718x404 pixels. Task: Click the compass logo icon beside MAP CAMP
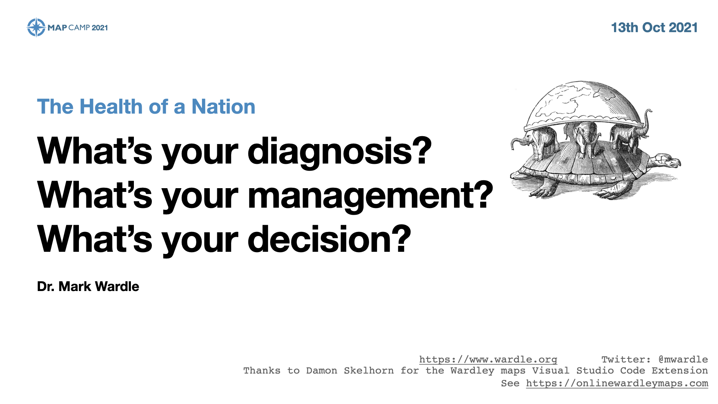click(36, 27)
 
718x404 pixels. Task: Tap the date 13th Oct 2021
click(654, 28)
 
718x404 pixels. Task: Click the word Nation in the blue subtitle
click(223, 107)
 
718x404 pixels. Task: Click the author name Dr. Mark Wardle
click(88, 287)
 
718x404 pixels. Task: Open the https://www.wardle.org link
click(488, 359)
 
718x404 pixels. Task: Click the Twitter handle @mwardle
click(683, 359)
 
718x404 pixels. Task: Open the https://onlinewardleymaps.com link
click(617, 383)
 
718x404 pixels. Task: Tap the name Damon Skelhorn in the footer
click(350, 371)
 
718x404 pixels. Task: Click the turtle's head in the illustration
click(668, 161)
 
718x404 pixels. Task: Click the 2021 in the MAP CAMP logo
click(100, 28)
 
